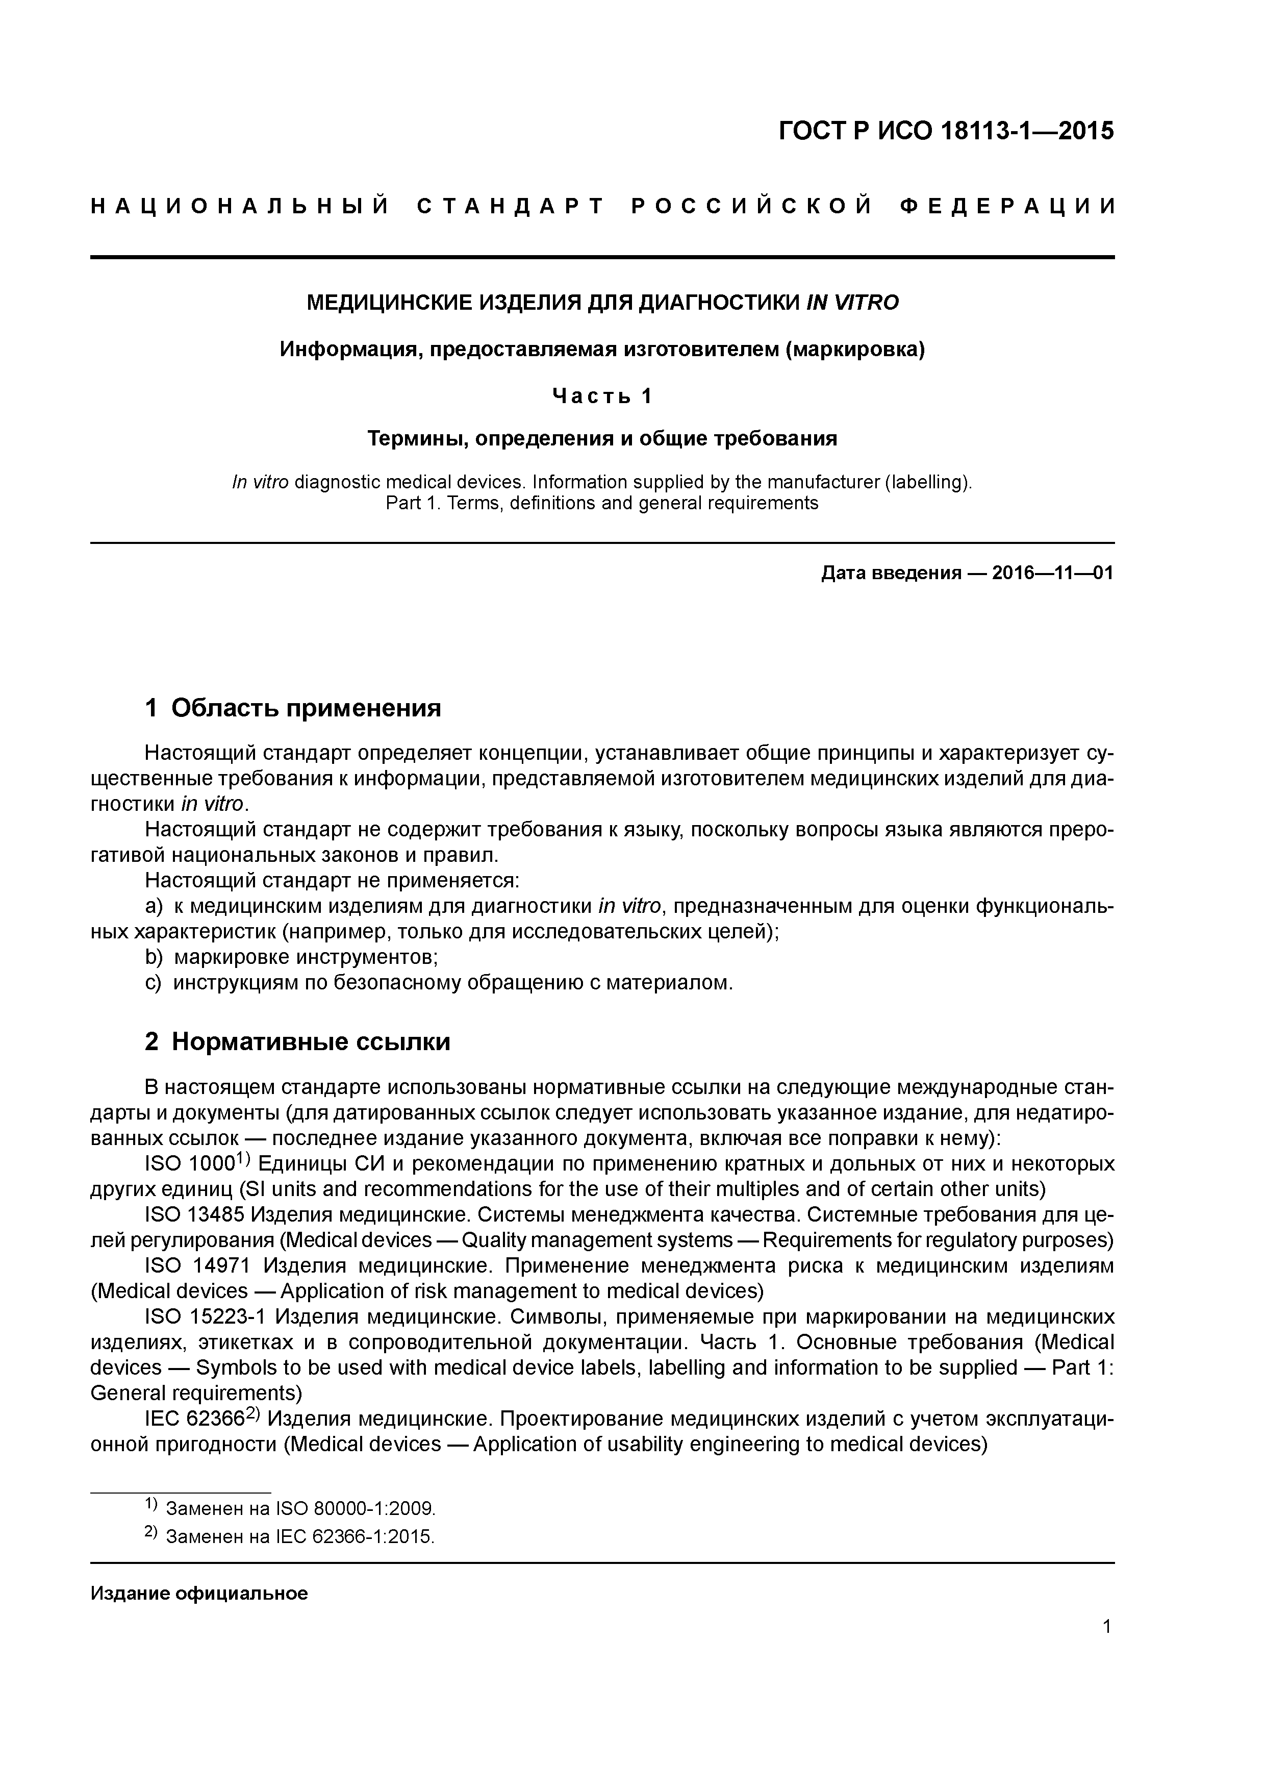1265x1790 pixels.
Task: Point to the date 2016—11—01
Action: pyautogui.click(x=1052, y=574)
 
